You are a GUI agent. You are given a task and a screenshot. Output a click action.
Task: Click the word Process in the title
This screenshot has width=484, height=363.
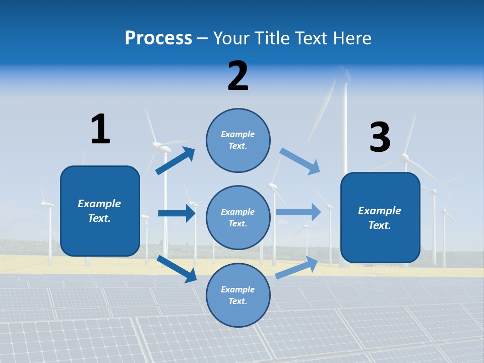coord(158,38)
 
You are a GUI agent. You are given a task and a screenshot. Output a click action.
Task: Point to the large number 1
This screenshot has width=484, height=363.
coord(100,129)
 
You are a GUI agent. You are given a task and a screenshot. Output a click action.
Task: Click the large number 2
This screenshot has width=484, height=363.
coord(238,76)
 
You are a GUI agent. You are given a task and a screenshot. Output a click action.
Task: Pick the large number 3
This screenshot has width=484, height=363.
coord(380,138)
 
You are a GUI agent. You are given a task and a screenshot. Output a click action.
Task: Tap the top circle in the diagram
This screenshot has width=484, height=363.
coord(238,140)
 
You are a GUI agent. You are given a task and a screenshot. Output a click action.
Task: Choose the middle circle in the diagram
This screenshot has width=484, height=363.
coord(238,218)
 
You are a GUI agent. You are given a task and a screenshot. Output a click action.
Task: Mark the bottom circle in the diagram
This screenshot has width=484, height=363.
coord(238,295)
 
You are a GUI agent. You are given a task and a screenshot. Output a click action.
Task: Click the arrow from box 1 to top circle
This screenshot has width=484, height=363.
coord(175,161)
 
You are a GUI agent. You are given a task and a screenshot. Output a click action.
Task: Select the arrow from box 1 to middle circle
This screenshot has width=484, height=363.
coord(176,213)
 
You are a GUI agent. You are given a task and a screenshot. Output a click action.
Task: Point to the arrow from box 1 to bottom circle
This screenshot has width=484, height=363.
coord(176,269)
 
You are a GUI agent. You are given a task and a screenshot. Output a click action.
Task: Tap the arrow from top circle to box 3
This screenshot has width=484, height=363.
coord(300,161)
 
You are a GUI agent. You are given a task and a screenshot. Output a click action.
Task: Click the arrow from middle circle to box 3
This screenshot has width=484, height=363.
coord(298,212)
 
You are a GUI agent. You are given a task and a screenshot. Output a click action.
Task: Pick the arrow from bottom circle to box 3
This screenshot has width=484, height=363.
coord(296,268)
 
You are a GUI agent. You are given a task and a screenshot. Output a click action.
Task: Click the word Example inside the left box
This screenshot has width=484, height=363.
coord(99,204)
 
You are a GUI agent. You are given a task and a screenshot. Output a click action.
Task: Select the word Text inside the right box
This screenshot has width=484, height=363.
coord(380,225)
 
